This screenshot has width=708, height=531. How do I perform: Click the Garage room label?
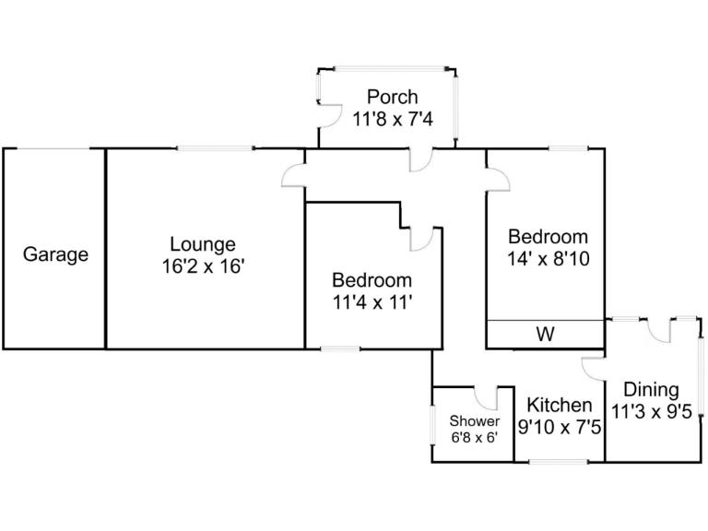pos(55,254)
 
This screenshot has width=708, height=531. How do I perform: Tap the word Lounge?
pos(202,244)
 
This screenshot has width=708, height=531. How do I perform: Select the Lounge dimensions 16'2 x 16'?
pos(202,266)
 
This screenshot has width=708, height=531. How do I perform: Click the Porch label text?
pos(392,97)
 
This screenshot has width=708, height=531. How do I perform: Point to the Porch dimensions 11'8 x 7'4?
pos(392,119)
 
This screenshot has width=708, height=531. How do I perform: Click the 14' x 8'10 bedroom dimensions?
pos(547,259)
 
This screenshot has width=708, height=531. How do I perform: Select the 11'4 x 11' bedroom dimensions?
pos(372,301)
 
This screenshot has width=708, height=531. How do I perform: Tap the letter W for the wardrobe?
pos(546,335)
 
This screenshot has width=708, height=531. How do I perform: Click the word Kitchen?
pos(559,405)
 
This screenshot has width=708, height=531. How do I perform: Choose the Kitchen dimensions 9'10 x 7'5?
pos(559,427)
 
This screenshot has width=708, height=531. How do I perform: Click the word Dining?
pos(651,390)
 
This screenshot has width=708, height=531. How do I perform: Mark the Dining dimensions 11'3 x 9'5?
pos(651,412)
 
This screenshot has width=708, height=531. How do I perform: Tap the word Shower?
pos(474,421)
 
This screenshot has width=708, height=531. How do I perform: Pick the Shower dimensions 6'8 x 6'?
pos(474,438)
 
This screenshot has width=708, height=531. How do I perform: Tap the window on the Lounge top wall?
pos(216,148)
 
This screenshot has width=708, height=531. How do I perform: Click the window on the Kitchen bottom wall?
pos(558,461)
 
